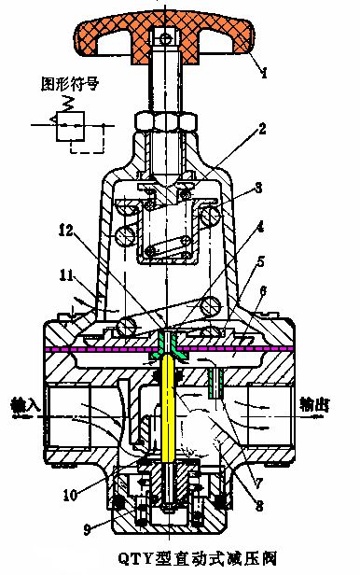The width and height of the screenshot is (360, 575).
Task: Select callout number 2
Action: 263,128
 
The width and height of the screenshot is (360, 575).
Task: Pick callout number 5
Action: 264,263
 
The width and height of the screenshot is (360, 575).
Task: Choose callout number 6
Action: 264,291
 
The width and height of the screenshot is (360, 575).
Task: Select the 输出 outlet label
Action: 317,405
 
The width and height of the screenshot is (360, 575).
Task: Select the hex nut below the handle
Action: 165,122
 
